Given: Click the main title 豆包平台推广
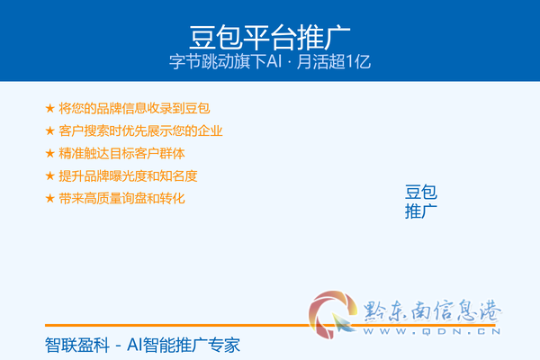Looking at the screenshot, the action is (x=270, y=37).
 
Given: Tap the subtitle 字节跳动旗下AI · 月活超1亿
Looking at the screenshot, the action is (x=270, y=62).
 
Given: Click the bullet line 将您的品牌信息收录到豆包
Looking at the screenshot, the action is (x=134, y=108).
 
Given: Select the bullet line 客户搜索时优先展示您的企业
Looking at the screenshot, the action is (x=140, y=130).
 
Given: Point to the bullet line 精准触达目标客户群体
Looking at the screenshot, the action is (x=121, y=153).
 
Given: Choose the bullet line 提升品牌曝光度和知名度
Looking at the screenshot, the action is (x=128, y=176).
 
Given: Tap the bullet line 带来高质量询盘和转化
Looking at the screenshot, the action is (x=121, y=198).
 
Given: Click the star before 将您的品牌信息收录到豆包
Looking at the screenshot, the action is (x=49, y=108).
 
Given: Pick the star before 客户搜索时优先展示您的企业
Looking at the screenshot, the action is (x=49, y=130).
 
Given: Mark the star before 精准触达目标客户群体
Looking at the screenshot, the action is (x=49, y=153).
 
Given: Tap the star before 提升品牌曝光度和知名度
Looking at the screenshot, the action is (x=49, y=176).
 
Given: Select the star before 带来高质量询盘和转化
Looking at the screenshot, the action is (x=49, y=198).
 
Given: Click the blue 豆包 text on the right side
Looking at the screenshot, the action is (x=421, y=192).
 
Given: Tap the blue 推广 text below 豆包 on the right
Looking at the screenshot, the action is (x=421, y=211).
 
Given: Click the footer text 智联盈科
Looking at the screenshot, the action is (x=77, y=346).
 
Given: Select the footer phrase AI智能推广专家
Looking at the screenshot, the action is (x=184, y=346).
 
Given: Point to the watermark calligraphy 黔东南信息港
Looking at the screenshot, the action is (x=432, y=311).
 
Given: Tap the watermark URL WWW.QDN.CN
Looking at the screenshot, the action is (x=432, y=331).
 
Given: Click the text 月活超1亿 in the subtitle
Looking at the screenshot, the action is (x=333, y=62).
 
